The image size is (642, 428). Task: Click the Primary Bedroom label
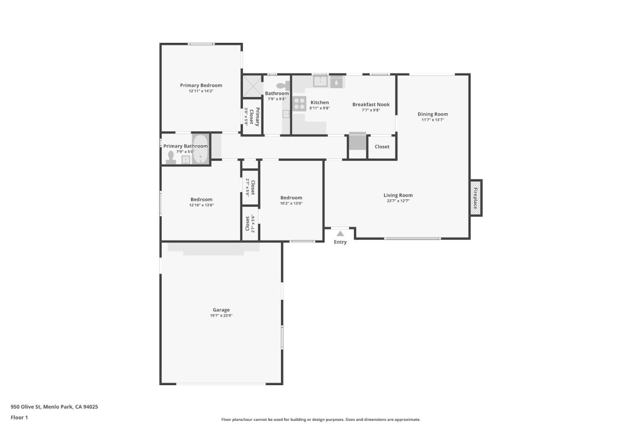(x=201, y=85)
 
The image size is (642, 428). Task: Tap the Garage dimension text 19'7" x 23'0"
(x=221, y=316)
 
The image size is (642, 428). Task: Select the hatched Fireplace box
(x=476, y=198)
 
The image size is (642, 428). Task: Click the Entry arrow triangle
(x=340, y=233)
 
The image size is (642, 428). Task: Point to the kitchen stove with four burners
(x=299, y=104)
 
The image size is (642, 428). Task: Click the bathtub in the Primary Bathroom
(x=201, y=148)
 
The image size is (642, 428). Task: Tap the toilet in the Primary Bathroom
(x=171, y=157)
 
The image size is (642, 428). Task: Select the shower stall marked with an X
(x=252, y=86)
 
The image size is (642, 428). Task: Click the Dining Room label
(x=432, y=114)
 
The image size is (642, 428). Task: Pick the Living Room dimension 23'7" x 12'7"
(x=398, y=201)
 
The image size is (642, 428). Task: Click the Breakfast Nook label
(x=370, y=104)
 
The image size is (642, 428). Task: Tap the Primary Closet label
(x=254, y=116)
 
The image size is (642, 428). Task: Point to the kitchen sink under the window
(x=320, y=81)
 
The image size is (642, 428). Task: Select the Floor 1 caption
(x=19, y=418)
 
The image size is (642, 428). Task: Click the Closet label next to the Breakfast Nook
(x=382, y=147)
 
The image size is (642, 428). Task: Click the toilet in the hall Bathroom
(x=282, y=86)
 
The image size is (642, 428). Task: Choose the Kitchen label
(x=320, y=103)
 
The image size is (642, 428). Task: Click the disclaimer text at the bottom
(x=321, y=420)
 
